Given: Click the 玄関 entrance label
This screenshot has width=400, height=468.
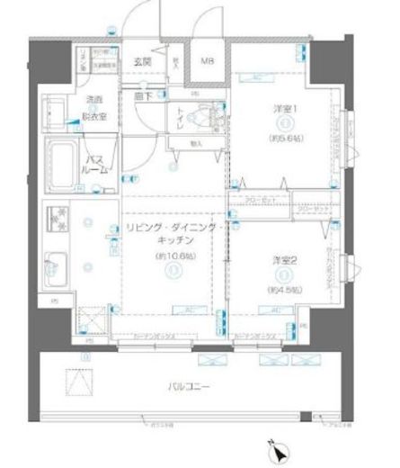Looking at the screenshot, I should tap(142, 61).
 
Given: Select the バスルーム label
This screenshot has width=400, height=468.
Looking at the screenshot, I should tap(98, 164).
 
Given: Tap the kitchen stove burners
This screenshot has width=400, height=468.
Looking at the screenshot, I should tap(58, 219).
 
